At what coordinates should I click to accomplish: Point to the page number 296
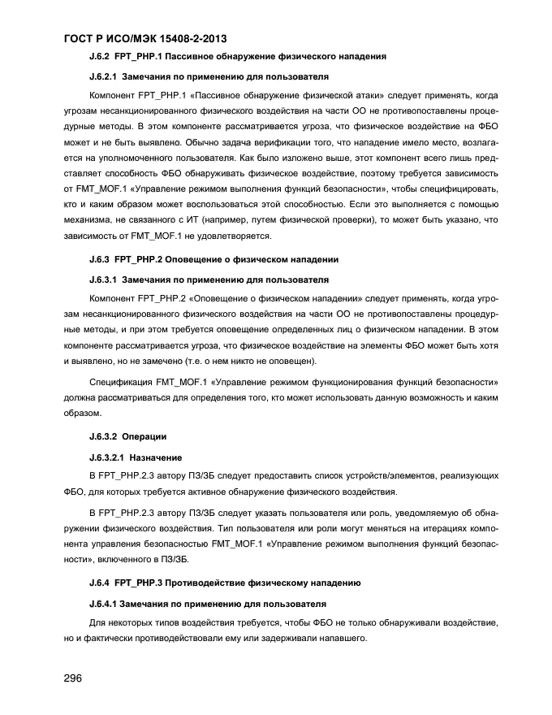75,678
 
